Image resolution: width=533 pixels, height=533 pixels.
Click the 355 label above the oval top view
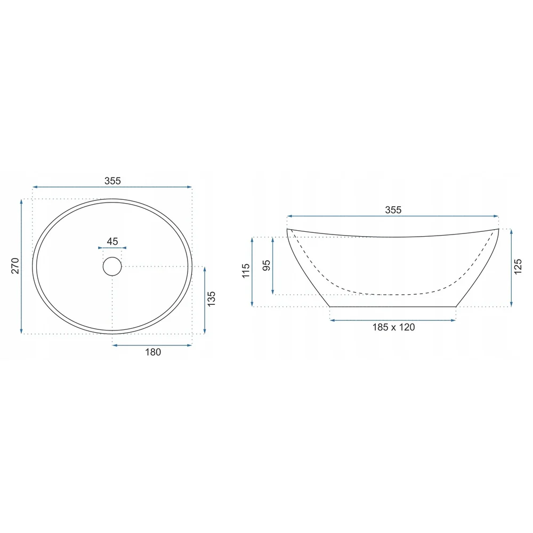[112, 181]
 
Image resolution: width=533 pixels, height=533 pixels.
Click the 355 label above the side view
[393, 209]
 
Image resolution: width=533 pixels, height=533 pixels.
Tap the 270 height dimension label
[15, 266]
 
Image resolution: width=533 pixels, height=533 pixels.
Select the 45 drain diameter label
[112, 241]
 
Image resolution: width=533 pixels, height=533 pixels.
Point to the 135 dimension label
[211, 299]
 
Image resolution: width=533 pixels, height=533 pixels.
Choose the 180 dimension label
[153, 352]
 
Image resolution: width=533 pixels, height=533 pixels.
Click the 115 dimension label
[246, 271]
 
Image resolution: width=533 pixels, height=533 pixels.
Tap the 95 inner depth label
[267, 265]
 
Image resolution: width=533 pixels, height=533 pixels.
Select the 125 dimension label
[518, 267]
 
